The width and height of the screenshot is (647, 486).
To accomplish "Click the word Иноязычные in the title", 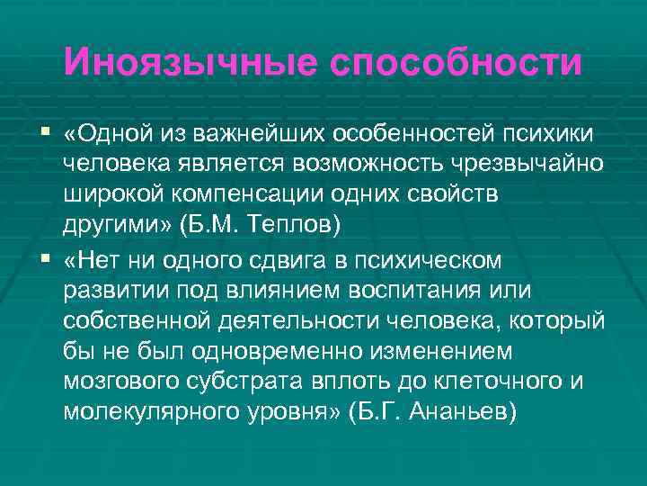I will [x=189, y=62].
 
